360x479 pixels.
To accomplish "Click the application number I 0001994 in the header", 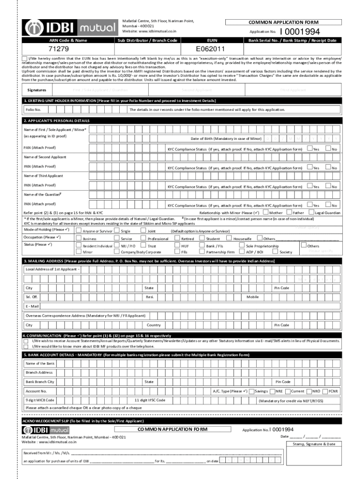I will click(299, 32).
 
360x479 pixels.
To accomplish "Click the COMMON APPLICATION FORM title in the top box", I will click(283, 22).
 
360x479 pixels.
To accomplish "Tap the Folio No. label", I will click(34, 109).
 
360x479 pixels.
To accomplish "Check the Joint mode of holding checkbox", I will click(143, 231).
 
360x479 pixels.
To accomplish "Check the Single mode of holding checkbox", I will click(116, 231).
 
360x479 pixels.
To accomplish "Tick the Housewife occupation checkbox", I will click(229, 238).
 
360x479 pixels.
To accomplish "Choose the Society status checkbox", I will click(275, 252).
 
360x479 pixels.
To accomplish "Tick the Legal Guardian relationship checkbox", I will click(311, 213).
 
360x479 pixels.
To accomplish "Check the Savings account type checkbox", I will click(252, 391).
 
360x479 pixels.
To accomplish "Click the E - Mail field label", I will click(32, 306).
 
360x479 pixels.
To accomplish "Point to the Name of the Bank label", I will click(40, 363).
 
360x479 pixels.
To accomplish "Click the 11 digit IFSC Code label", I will click(150, 400).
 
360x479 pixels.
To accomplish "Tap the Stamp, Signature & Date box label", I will click(314, 444).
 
